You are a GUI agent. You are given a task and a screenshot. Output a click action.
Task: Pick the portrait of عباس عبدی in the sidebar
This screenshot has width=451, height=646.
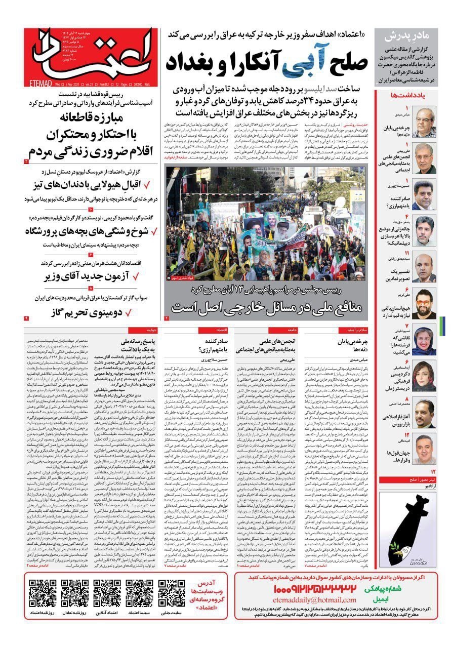424,123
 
